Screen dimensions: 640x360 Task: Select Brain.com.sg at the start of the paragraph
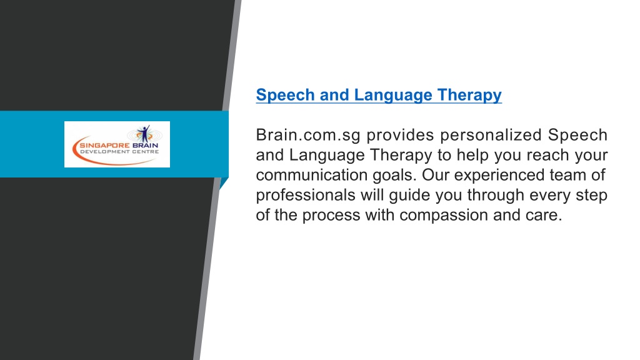coord(308,136)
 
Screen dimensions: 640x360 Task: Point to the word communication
coord(312,175)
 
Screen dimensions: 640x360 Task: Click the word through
coord(496,196)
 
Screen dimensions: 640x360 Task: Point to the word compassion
coord(444,216)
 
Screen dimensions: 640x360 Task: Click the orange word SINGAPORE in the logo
coord(104,145)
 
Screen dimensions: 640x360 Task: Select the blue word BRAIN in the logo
coord(145,145)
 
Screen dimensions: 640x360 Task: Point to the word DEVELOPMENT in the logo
coord(104,152)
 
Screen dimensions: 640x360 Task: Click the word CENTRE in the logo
coord(145,152)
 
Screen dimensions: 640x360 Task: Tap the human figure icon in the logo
coord(144,134)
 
